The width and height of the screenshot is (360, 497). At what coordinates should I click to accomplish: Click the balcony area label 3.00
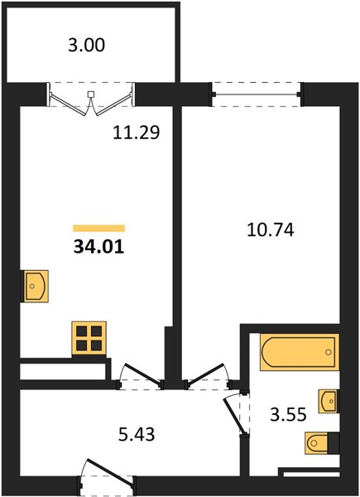click(86, 45)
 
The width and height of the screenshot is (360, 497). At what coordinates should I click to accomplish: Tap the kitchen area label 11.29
click(137, 133)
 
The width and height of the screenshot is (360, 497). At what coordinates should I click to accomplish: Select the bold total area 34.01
click(98, 247)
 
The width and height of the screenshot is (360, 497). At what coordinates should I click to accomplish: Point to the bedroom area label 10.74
click(271, 230)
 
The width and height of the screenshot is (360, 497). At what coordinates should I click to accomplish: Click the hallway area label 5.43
click(137, 434)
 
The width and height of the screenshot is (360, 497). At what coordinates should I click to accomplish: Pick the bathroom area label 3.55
click(289, 414)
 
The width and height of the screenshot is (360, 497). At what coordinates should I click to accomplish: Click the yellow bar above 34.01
click(98, 229)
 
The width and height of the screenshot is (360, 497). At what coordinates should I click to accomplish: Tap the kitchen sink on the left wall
click(35, 286)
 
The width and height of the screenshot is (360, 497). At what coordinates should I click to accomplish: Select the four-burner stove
click(89, 338)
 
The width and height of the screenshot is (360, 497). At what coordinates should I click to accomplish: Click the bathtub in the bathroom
click(300, 352)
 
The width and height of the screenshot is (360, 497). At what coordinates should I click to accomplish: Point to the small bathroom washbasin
click(329, 401)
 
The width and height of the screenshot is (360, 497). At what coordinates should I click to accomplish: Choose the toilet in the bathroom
click(322, 443)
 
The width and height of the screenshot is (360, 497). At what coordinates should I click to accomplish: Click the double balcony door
click(91, 99)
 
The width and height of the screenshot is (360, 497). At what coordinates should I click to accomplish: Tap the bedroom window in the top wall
click(257, 94)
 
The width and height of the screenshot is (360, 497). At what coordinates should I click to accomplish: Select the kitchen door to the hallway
click(140, 376)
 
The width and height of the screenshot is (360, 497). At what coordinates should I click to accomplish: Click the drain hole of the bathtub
click(329, 352)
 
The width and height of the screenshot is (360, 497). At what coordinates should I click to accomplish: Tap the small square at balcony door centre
click(91, 94)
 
